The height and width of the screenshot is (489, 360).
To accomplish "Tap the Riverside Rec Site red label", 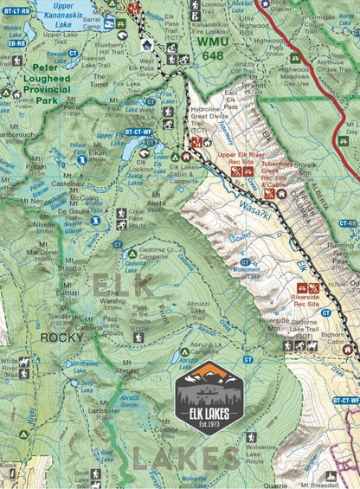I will [x=307, y=300].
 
